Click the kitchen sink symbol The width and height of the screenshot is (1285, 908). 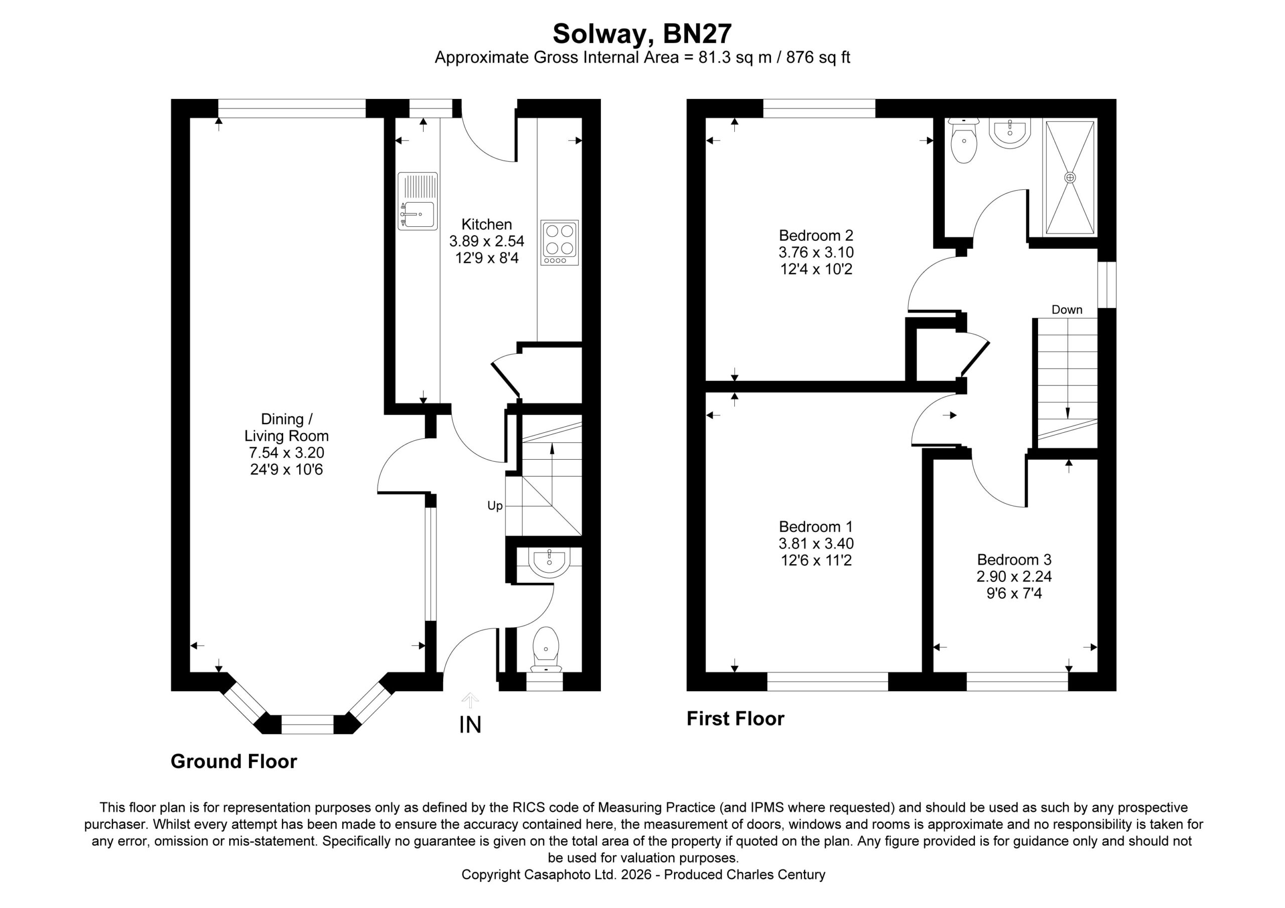click(418, 201)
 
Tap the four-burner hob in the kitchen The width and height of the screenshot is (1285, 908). click(559, 242)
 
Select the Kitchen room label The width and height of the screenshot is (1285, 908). click(486, 224)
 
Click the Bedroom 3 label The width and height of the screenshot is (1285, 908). click(1014, 560)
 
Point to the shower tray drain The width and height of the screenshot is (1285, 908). click(1070, 178)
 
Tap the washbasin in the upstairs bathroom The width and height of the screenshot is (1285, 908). click(1009, 133)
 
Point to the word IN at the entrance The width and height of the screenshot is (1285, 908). click(470, 725)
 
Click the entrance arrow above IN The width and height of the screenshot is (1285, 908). click(470, 700)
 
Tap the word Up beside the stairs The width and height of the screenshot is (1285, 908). click(495, 506)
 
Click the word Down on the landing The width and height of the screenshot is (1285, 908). click(1067, 310)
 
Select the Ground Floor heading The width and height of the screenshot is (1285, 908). click(233, 761)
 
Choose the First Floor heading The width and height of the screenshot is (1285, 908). click(735, 718)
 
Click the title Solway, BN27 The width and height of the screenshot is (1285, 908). click(642, 34)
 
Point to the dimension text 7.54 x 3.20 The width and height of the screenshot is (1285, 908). click(287, 452)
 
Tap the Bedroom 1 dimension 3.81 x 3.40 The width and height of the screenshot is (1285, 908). click(816, 543)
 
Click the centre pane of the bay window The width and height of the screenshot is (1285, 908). click(307, 724)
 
